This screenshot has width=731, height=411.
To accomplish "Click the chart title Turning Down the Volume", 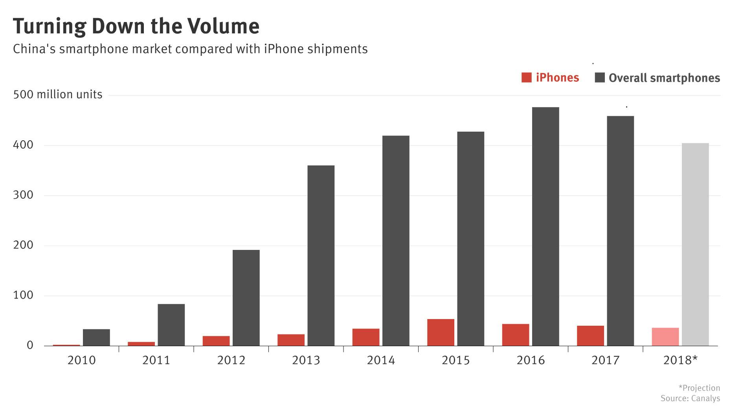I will (136, 26).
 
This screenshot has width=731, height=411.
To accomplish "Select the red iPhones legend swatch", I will (526, 77).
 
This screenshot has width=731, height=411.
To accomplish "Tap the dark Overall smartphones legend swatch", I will (600, 77).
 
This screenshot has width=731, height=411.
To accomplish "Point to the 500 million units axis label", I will (58, 95).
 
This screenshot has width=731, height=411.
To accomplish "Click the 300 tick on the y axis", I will (23, 195).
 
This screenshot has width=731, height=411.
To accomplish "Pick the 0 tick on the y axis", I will (30, 345).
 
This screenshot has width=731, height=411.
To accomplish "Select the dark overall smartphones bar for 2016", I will (545, 226).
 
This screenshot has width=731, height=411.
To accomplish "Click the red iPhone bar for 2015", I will (441, 332).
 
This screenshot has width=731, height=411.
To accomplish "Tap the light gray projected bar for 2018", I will (695, 244).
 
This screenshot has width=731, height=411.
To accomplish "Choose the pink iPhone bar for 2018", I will (665, 337).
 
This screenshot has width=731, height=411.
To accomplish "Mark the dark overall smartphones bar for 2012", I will (246, 298).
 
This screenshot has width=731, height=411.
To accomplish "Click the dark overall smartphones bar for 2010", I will (96, 338).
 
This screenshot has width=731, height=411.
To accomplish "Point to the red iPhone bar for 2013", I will (291, 340).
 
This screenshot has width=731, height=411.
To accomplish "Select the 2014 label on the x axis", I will (380, 360).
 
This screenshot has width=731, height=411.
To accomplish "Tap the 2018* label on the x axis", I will (680, 360).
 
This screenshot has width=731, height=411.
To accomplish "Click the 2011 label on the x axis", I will (156, 360).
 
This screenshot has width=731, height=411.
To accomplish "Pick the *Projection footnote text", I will (699, 388).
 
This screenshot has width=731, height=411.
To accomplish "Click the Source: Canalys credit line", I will (690, 398).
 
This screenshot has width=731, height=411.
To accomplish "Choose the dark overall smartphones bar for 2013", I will (321, 255).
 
